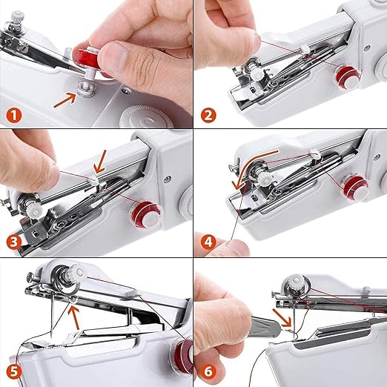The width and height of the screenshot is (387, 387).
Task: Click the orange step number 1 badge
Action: point(14,116)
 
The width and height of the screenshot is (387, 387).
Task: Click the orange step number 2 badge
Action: point(208,116)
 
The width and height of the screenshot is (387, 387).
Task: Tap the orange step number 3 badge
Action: point(14,242)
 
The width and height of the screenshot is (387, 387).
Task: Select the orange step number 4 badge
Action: point(208,242)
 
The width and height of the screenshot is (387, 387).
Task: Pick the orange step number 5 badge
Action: point(14,371)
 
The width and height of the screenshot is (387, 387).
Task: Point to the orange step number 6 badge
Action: point(208,371)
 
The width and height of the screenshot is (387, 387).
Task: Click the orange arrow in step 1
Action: point(65,99)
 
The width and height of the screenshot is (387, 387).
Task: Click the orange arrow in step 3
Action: point(101,162)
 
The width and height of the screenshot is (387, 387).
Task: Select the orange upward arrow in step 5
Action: point(74,317)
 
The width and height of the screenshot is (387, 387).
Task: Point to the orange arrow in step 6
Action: point(282,317)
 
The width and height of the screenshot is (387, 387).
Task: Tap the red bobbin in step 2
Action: point(345,76)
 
